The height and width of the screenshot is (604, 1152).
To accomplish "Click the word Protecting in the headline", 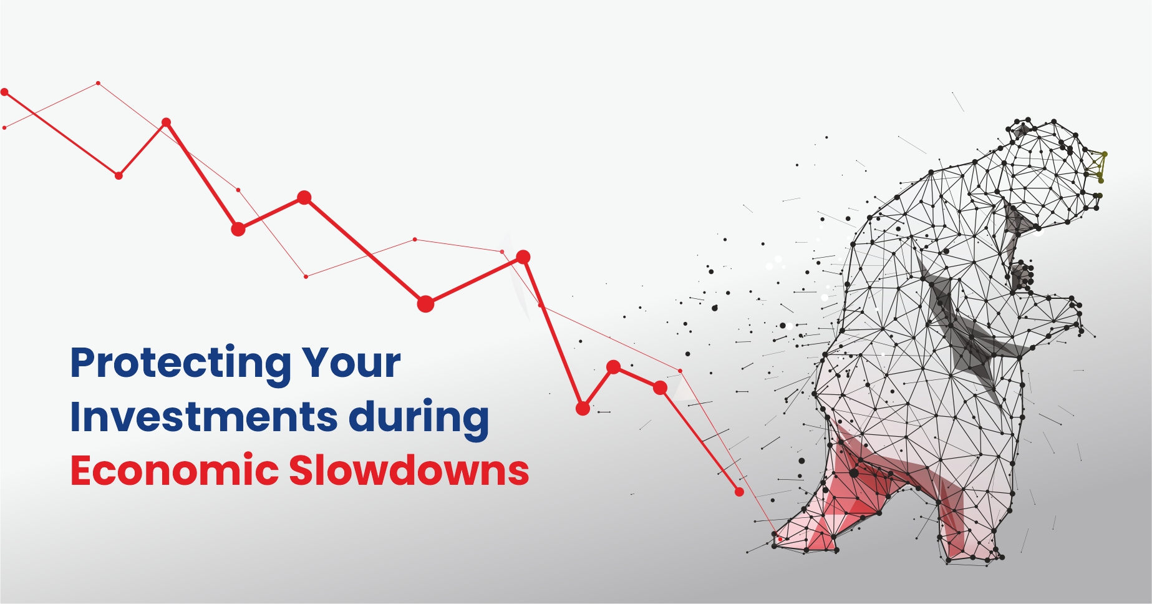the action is [x=181, y=364].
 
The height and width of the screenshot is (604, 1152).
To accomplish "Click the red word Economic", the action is [x=174, y=470].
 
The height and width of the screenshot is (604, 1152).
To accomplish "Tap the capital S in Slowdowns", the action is [x=302, y=470].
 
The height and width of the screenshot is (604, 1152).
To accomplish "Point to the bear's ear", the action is [x=1021, y=130].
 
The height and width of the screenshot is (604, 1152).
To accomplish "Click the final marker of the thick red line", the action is [x=739, y=492].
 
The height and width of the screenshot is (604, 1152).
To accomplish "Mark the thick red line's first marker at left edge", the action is [x=4, y=92].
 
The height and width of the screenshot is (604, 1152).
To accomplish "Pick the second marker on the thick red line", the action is [x=119, y=175].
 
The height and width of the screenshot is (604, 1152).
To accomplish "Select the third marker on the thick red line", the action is [x=166, y=122].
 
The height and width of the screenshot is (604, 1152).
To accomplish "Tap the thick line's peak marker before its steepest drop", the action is [x=523, y=256].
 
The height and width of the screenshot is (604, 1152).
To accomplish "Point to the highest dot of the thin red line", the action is [x=98, y=83].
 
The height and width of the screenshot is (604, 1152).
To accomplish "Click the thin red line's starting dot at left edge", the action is [x=4, y=128].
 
